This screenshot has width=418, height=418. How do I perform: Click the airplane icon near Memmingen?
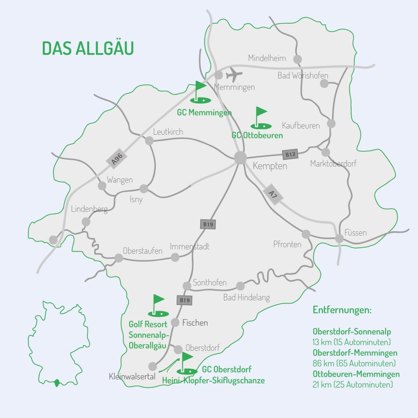point(235,75)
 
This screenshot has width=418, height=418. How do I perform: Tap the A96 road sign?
point(117,158)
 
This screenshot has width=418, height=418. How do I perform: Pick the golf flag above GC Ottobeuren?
point(261,118)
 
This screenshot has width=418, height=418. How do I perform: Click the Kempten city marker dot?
point(240,157)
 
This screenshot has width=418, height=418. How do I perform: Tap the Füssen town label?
point(355,233)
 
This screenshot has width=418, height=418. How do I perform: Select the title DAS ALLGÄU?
point(88,48)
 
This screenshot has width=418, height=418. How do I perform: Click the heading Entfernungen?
point(342,310)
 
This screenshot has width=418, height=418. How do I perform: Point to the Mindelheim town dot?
point(297,59)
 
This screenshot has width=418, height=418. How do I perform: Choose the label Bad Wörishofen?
point(303,76)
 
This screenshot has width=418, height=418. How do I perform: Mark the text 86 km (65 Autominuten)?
point(354,363)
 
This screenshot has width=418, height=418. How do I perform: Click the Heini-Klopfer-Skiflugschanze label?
point(213,380)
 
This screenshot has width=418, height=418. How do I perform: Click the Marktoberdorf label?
point(333,164)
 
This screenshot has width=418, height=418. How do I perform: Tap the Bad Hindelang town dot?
point(240,286)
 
